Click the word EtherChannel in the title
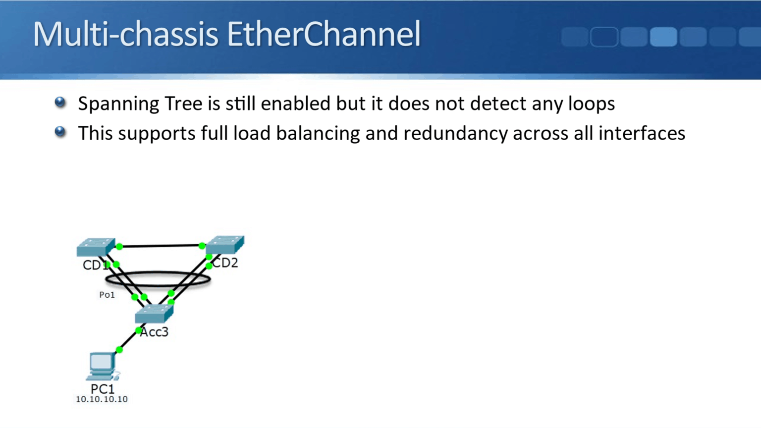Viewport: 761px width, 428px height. pos(324,34)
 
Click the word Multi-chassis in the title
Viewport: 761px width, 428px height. pos(126,34)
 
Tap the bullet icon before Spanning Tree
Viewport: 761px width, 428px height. pos(60,103)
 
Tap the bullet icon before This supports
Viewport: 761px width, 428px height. pos(60,132)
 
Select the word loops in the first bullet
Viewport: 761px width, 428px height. pos(591,104)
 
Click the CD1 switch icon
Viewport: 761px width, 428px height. pos(95,247)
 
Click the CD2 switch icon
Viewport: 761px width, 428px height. pos(225,244)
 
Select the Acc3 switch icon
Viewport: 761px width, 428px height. pos(154,314)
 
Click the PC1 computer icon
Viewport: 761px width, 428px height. pos(102,366)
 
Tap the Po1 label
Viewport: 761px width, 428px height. pos(107,295)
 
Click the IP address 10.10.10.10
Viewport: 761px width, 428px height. pos(102,399)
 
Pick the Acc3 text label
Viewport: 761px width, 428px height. pos(155,332)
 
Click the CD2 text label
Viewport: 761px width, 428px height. pos(226,263)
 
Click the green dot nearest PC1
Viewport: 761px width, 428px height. pos(119,350)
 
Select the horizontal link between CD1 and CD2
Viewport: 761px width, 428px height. pos(160,246)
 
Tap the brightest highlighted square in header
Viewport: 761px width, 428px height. pos(663,37)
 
